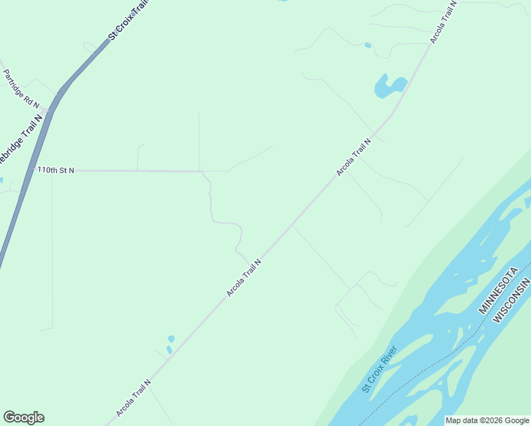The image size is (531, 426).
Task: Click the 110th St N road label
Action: [56, 170]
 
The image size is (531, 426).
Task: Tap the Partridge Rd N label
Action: [21, 89]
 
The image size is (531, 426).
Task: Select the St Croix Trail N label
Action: [131, 20]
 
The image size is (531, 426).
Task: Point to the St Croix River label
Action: [379, 368]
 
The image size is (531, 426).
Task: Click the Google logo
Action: [23, 417]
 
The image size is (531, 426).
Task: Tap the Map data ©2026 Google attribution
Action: [487, 420]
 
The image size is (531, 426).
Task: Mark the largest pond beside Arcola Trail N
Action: [388, 87]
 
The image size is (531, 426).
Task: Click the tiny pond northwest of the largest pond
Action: [368, 45]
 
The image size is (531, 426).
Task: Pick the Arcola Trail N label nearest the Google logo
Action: [133, 399]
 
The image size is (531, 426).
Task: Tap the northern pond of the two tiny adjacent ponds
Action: [171, 338]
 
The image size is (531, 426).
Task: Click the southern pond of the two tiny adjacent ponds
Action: [168, 349]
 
